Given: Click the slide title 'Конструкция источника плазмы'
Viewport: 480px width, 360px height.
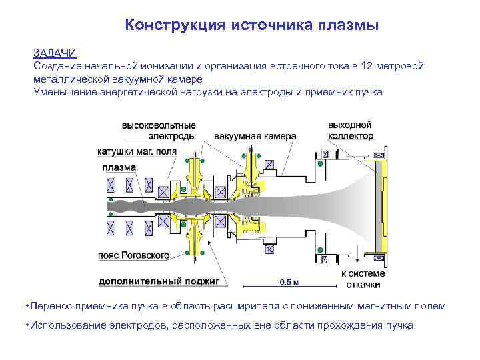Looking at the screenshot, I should (x=252, y=25).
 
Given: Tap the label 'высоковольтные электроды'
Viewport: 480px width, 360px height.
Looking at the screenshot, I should (x=158, y=131).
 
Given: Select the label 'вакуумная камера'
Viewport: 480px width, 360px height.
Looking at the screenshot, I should (x=255, y=137).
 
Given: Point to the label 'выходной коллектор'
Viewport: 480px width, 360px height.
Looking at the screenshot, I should (x=350, y=131).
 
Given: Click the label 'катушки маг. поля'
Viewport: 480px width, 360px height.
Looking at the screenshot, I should (x=137, y=152).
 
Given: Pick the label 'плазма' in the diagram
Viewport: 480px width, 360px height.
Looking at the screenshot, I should (x=119, y=167).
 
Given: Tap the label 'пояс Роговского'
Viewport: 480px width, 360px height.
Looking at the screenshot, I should (x=133, y=255).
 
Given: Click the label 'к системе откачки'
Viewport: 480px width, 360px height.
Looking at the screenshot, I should (x=363, y=279).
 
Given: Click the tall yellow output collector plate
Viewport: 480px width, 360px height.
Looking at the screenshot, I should (x=382, y=207).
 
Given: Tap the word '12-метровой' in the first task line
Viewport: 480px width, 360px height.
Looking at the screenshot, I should (x=391, y=66).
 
